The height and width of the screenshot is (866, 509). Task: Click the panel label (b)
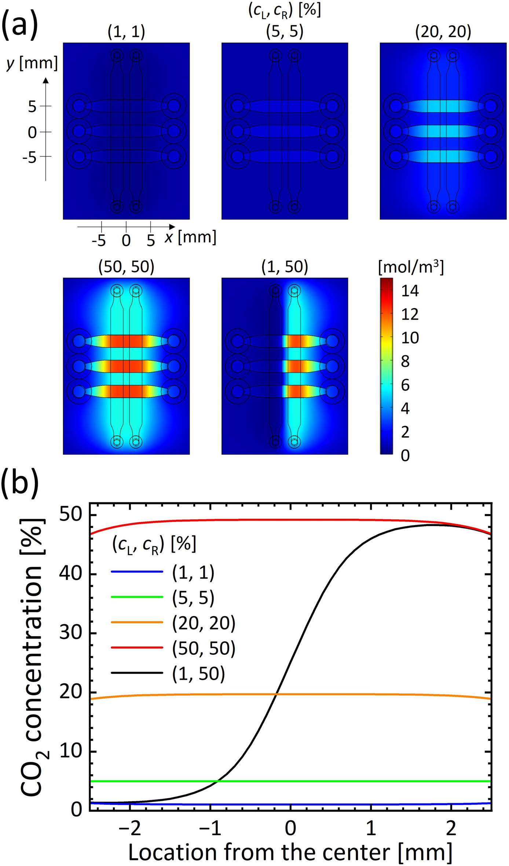[20, 485]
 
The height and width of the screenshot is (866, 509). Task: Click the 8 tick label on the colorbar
[405, 362]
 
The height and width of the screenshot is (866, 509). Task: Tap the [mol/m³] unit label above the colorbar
[411, 268]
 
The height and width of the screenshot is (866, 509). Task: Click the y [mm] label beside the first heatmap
[32, 63]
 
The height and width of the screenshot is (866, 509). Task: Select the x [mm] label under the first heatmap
[190, 238]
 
